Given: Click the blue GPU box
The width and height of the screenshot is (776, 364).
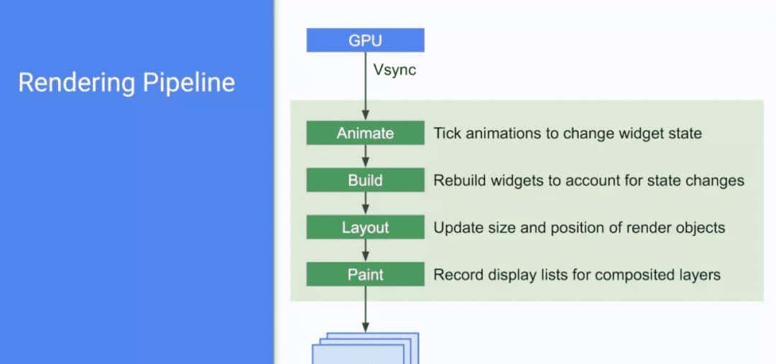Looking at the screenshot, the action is pos(365,40).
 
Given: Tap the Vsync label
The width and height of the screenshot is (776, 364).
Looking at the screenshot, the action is pos(394,70).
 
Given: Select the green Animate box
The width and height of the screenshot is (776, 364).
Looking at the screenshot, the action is pos(365,133).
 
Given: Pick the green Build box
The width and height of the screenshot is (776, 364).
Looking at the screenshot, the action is pos(365,180).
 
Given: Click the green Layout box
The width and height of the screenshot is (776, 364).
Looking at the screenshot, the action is pos(365,227).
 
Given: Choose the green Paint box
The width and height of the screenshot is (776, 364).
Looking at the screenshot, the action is pos(365,274).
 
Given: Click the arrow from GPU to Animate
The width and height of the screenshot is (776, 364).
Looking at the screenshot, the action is pos(365,87).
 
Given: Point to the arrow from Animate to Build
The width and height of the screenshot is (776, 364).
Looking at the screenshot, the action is pos(365,157).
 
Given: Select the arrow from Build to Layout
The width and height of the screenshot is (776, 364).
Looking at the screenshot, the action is pos(365,203).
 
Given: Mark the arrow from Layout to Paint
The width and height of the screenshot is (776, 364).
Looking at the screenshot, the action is pos(365,251).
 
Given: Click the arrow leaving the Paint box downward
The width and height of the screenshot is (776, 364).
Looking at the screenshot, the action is pos(365,309).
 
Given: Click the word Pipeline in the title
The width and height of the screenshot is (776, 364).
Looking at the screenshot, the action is pos(188,83).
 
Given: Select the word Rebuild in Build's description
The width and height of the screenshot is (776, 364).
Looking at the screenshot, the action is pos(461,180).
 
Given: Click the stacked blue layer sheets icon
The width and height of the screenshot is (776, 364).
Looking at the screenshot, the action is pos(365,348).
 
